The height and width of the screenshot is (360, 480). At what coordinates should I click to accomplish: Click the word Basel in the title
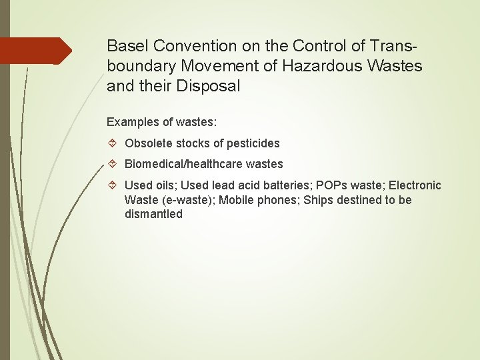(x=128, y=46)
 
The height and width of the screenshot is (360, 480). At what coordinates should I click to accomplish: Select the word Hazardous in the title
(x=321, y=66)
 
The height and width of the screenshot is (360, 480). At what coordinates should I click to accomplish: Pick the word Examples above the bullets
(x=133, y=123)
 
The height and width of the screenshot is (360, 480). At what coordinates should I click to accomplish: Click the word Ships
(x=317, y=200)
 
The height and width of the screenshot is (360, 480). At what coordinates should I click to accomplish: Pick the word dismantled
(x=153, y=214)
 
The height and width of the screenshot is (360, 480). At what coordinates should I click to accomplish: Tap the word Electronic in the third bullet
(x=415, y=185)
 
